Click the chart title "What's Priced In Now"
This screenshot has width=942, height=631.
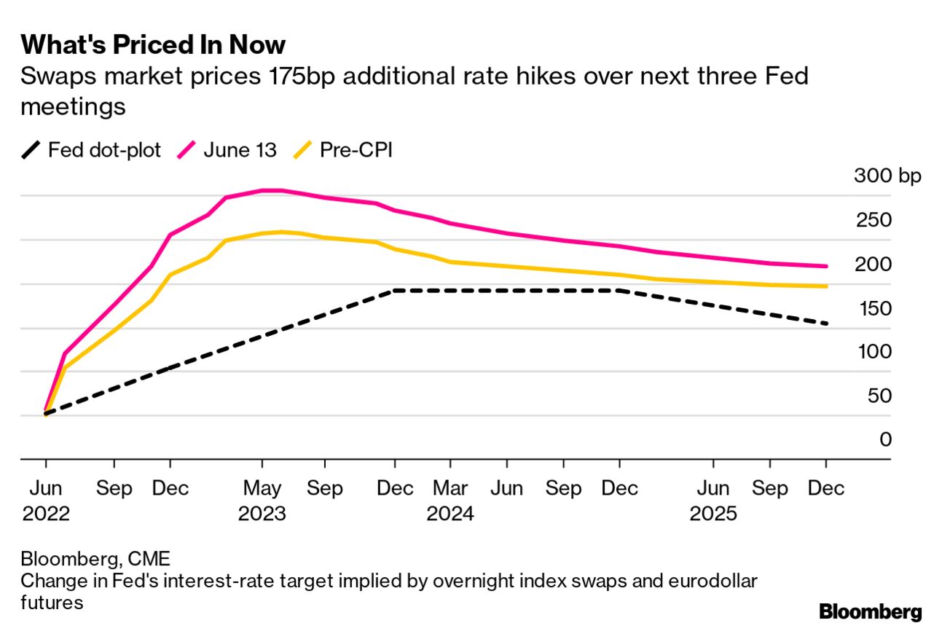pyautogui.click(x=153, y=45)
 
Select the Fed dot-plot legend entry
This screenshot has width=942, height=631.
pyautogui.click(x=91, y=151)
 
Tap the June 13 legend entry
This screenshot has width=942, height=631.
pyautogui.click(x=227, y=151)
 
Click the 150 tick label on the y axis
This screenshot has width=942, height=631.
pyautogui.click(x=876, y=308)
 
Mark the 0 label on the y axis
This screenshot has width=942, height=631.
pyautogui.click(x=885, y=439)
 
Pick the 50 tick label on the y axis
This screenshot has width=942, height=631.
pyautogui.click(x=879, y=396)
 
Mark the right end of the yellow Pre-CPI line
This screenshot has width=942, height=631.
pyautogui.click(x=826, y=286)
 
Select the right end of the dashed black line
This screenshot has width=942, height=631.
pyautogui.click(x=826, y=324)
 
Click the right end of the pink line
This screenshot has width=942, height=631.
pyautogui.click(x=826, y=266)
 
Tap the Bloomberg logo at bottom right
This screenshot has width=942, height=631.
pyautogui.click(x=870, y=612)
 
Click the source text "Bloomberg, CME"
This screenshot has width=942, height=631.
pyautogui.click(x=95, y=560)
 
